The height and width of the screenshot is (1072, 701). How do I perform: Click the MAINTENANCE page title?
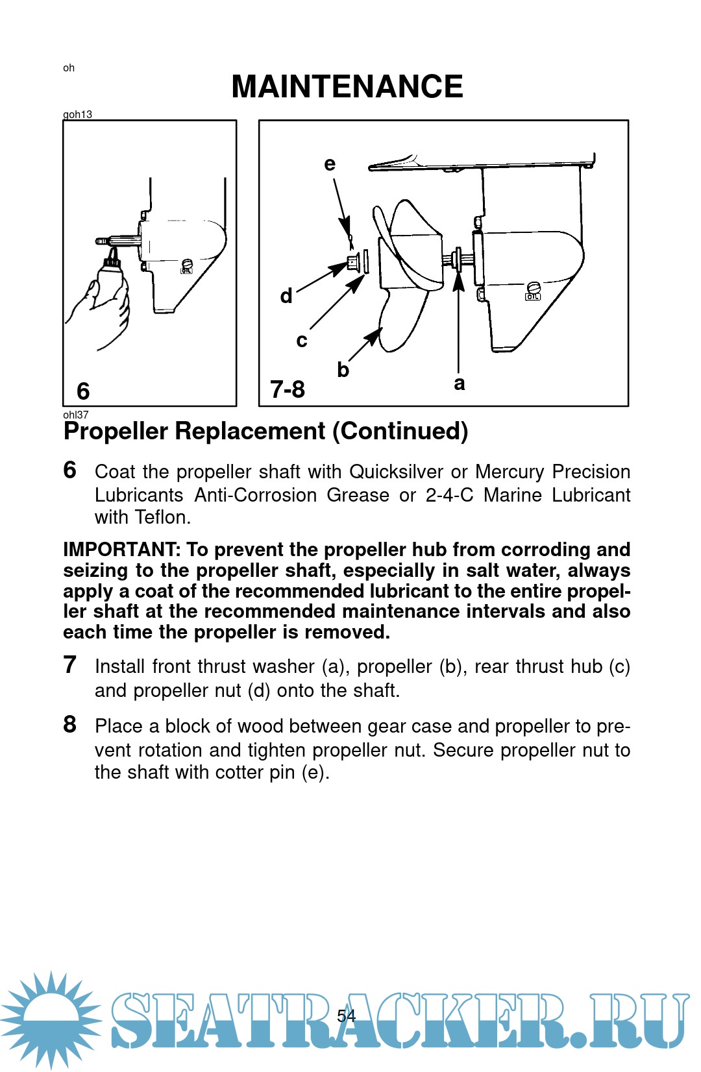pos(347,86)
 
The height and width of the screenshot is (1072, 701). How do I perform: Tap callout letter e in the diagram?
pos(330,164)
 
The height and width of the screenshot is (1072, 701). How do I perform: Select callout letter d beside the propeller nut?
pos(286,296)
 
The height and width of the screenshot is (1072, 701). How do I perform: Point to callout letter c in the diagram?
pos(302,341)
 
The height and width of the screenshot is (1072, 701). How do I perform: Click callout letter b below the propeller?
pos(343,369)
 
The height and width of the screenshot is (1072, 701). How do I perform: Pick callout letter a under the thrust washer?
pos(459,384)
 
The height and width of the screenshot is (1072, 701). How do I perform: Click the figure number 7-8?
pos(288,389)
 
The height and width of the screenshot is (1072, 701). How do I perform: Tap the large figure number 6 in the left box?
pos(83,391)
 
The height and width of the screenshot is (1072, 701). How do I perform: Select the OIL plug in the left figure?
pos(186,266)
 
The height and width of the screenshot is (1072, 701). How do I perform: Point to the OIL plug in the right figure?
pos(533,291)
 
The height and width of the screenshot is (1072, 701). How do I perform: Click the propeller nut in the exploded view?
pos(353,263)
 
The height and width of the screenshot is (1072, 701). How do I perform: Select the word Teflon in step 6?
pos(162,517)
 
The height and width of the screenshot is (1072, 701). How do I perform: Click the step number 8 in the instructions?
pos(69,725)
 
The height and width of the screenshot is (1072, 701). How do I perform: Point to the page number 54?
pos(346,1016)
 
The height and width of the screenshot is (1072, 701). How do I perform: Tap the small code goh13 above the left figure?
pos(78,114)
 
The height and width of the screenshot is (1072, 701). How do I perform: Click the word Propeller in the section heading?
pos(116,431)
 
